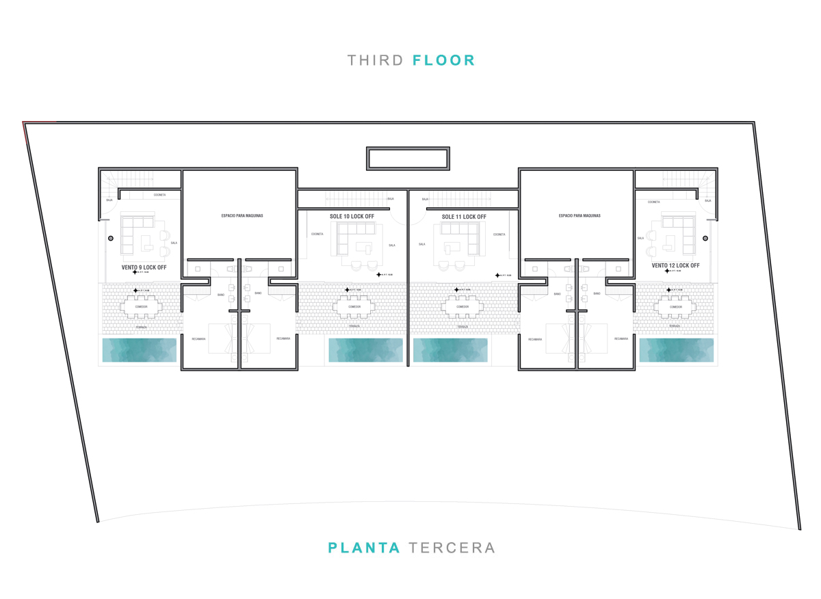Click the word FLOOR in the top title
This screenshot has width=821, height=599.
[x=443, y=60]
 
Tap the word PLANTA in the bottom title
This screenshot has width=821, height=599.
[x=363, y=548]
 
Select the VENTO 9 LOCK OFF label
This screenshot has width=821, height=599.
[x=144, y=267]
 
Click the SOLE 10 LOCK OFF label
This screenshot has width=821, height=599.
[x=352, y=217]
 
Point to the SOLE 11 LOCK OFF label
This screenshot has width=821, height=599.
[x=464, y=217]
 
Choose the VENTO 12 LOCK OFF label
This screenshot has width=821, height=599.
[x=675, y=265]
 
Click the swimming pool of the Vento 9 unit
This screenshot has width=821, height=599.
[x=140, y=349]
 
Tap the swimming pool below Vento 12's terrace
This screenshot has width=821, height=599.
[x=676, y=349]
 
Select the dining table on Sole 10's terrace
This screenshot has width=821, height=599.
[x=354, y=307]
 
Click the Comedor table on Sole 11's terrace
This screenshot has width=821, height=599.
[x=463, y=307]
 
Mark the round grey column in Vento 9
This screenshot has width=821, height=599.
[x=109, y=239]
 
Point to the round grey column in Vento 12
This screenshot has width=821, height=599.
[x=705, y=239]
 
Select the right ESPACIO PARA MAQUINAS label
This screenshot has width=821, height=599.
[x=579, y=215]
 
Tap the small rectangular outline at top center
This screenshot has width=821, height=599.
[x=408, y=158]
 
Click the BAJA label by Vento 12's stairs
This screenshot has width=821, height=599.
[x=707, y=200]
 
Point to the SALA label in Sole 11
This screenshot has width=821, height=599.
[x=422, y=244]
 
